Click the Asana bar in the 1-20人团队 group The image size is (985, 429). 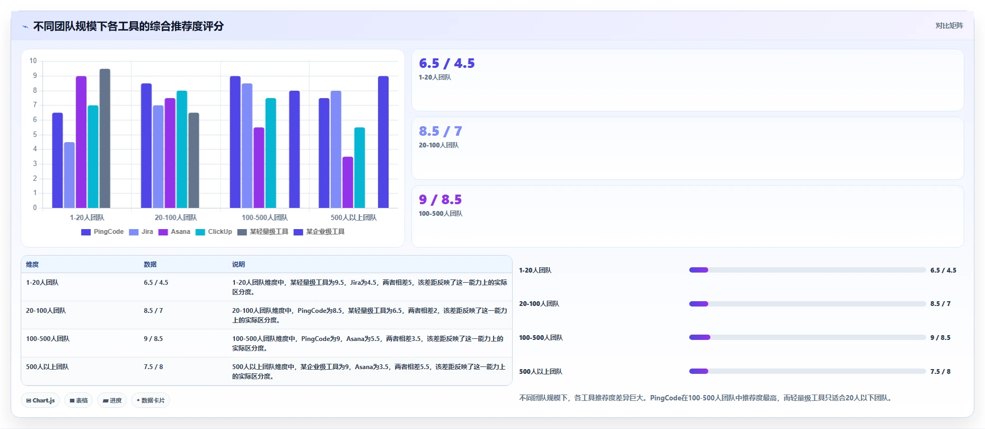click(x=81, y=142)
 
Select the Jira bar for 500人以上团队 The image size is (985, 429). click(x=336, y=150)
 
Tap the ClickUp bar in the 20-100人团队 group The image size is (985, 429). click(x=182, y=150)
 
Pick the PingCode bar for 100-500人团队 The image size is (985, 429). click(x=235, y=142)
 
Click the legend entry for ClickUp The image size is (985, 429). click(x=214, y=232)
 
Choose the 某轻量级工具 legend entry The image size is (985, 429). click(x=263, y=232)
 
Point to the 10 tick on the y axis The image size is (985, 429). click(x=33, y=60)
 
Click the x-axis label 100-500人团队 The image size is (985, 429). click(x=265, y=217)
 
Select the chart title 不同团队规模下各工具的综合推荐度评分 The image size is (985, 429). click(x=128, y=26)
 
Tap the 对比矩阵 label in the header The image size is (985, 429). click(x=949, y=25)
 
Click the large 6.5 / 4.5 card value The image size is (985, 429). click(x=446, y=63)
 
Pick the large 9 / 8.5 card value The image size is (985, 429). click(x=440, y=199)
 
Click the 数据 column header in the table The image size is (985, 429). click(x=150, y=264)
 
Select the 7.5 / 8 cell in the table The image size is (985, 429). click(x=153, y=366)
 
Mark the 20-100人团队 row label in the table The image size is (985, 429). click(x=46, y=310)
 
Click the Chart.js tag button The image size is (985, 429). click(x=40, y=400)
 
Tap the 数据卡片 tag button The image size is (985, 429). click(x=151, y=400)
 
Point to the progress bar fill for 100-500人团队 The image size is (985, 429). click(x=700, y=337)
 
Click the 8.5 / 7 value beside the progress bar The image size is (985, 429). click(x=940, y=304)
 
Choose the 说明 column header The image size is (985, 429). click(x=239, y=264)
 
